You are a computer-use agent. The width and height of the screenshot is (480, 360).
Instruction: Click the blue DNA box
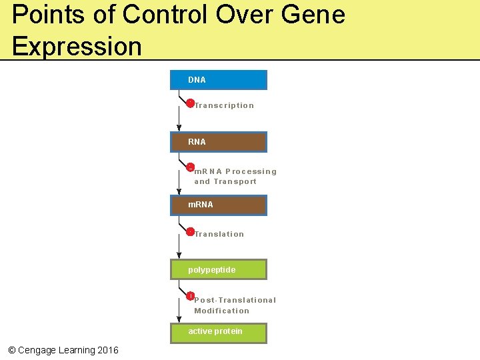coord(219,80)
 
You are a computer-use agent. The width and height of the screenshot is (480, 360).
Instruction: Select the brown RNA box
coord(219,142)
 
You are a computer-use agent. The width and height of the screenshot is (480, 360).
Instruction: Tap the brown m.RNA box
coord(219,205)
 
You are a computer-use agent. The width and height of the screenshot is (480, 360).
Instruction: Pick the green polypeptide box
coord(219,269)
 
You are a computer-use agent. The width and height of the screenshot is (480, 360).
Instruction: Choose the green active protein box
coord(219,332)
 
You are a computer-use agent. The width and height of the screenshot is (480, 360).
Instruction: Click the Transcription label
coord(224,105)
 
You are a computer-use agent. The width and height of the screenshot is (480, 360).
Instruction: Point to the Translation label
coord(219,234)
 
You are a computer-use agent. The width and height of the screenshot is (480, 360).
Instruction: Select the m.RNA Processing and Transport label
coord(235,177)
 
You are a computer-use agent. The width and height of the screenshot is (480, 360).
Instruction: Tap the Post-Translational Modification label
coord(235,305)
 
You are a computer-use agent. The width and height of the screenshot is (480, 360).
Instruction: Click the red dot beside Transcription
coord(190,103)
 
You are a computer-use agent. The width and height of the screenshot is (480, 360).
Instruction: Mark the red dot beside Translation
coord(190,232)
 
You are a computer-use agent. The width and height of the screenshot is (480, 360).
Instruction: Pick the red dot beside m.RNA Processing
coord(190,167)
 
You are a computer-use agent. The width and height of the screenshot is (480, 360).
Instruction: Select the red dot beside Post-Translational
coord(190,296)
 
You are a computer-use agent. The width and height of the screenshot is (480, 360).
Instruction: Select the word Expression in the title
coord(77,46)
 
